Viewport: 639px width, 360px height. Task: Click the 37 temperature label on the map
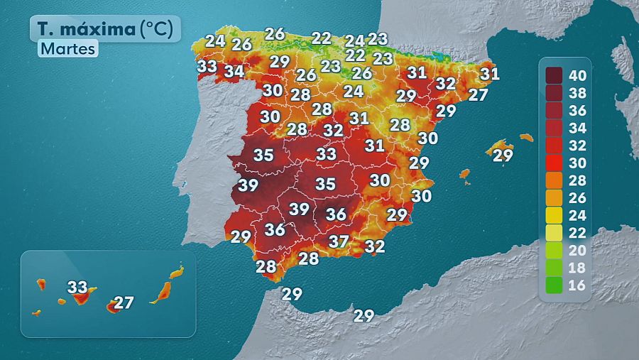point(339,241)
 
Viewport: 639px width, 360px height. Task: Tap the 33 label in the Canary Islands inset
point(77,288)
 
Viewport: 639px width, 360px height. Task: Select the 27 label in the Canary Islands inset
point(124,303)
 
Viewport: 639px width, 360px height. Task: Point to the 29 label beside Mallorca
point(503,156)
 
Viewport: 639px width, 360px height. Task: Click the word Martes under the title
point(67,50)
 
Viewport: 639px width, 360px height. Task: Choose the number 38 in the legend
point(579,93)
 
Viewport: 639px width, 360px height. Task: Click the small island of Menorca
point(526,137)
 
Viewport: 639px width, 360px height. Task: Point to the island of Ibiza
point(465,173)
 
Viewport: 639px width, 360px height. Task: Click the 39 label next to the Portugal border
point(248,185)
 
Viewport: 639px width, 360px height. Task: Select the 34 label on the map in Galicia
point(234,72)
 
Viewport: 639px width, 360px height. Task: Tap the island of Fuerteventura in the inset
point(163,292)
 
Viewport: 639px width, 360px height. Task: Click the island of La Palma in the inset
point(41,285)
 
